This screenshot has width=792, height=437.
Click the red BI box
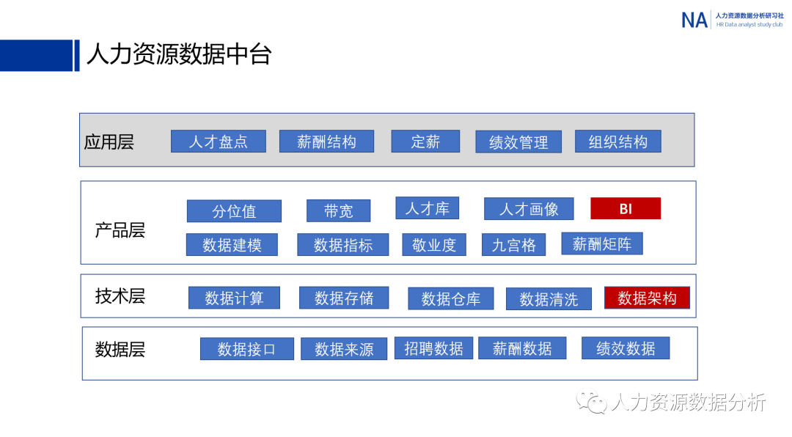click(626, 209)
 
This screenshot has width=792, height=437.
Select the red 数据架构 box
click(647, 298)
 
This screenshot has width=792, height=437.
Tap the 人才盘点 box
click(218, 142)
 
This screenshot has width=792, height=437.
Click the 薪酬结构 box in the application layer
click(326, 142)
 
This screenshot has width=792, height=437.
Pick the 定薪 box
click(425, 142)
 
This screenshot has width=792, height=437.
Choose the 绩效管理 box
click(518, 142)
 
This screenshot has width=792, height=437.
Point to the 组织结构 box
click(618, 142)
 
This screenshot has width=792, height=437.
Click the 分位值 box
click(234, 211)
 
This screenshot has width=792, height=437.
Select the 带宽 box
click(338, 211)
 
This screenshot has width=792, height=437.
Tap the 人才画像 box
click(529, 209)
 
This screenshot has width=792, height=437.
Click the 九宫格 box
click(513, 245)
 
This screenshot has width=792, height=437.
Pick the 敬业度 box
click(434, 245)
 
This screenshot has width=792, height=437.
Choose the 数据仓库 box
click(451, 298)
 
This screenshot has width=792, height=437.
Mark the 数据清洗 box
click(549, 298)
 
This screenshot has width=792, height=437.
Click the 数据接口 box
click(246, 349)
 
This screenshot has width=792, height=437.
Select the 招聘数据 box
click(433, 348)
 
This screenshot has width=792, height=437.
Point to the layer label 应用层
click(109, 142)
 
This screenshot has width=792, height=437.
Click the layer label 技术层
click(120, 296)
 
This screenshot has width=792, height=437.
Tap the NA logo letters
click(694, 20)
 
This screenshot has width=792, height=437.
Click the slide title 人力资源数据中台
click(179, 55)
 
